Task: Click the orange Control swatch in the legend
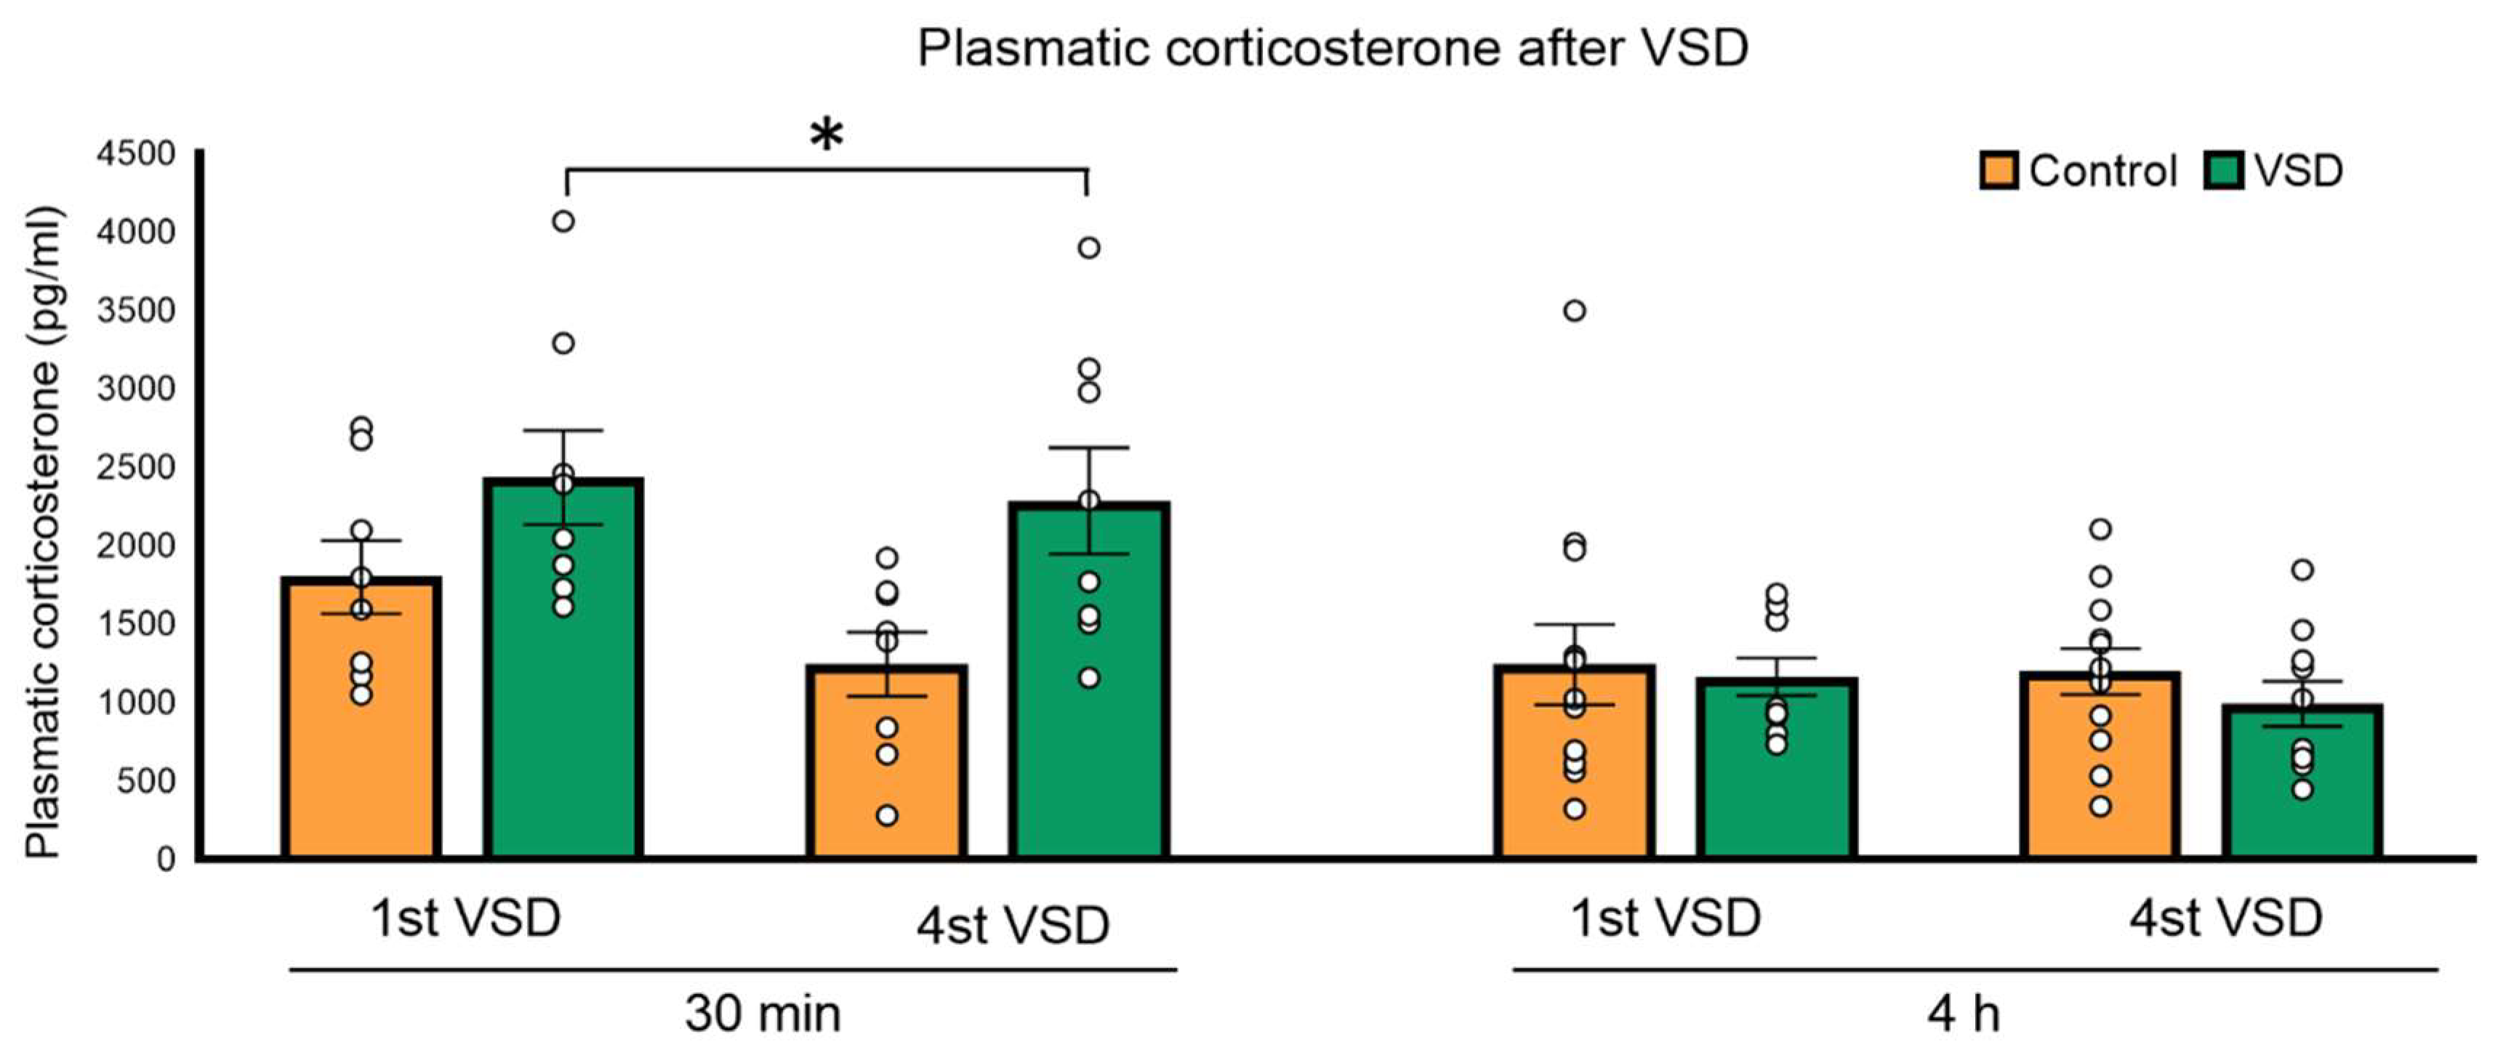1998,171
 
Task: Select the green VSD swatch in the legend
2223,171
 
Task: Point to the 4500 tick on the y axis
135,153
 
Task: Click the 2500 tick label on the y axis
135,467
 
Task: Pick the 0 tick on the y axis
165,859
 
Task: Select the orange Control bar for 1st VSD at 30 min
361,738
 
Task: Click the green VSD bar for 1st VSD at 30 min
563,699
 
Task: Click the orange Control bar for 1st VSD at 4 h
1574,777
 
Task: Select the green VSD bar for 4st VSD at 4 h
2302,796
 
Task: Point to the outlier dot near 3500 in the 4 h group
1574,311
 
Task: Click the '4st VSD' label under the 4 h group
2225,918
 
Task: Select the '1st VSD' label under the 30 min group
467,918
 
